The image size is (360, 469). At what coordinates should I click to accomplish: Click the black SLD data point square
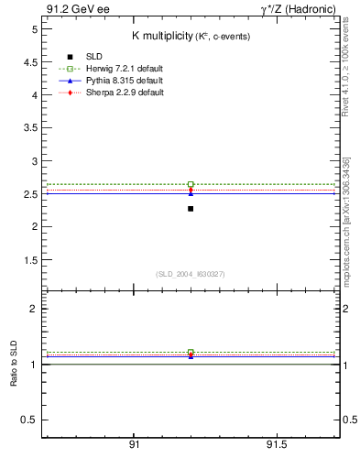pos(191,209)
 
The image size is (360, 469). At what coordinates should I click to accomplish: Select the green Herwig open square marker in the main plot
pos(191,184)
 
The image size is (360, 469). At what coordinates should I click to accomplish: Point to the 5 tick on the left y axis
pos(32,29)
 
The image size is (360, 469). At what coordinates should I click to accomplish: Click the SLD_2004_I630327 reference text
pos(190,273)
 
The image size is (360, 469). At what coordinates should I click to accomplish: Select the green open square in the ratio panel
pos(191,352)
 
